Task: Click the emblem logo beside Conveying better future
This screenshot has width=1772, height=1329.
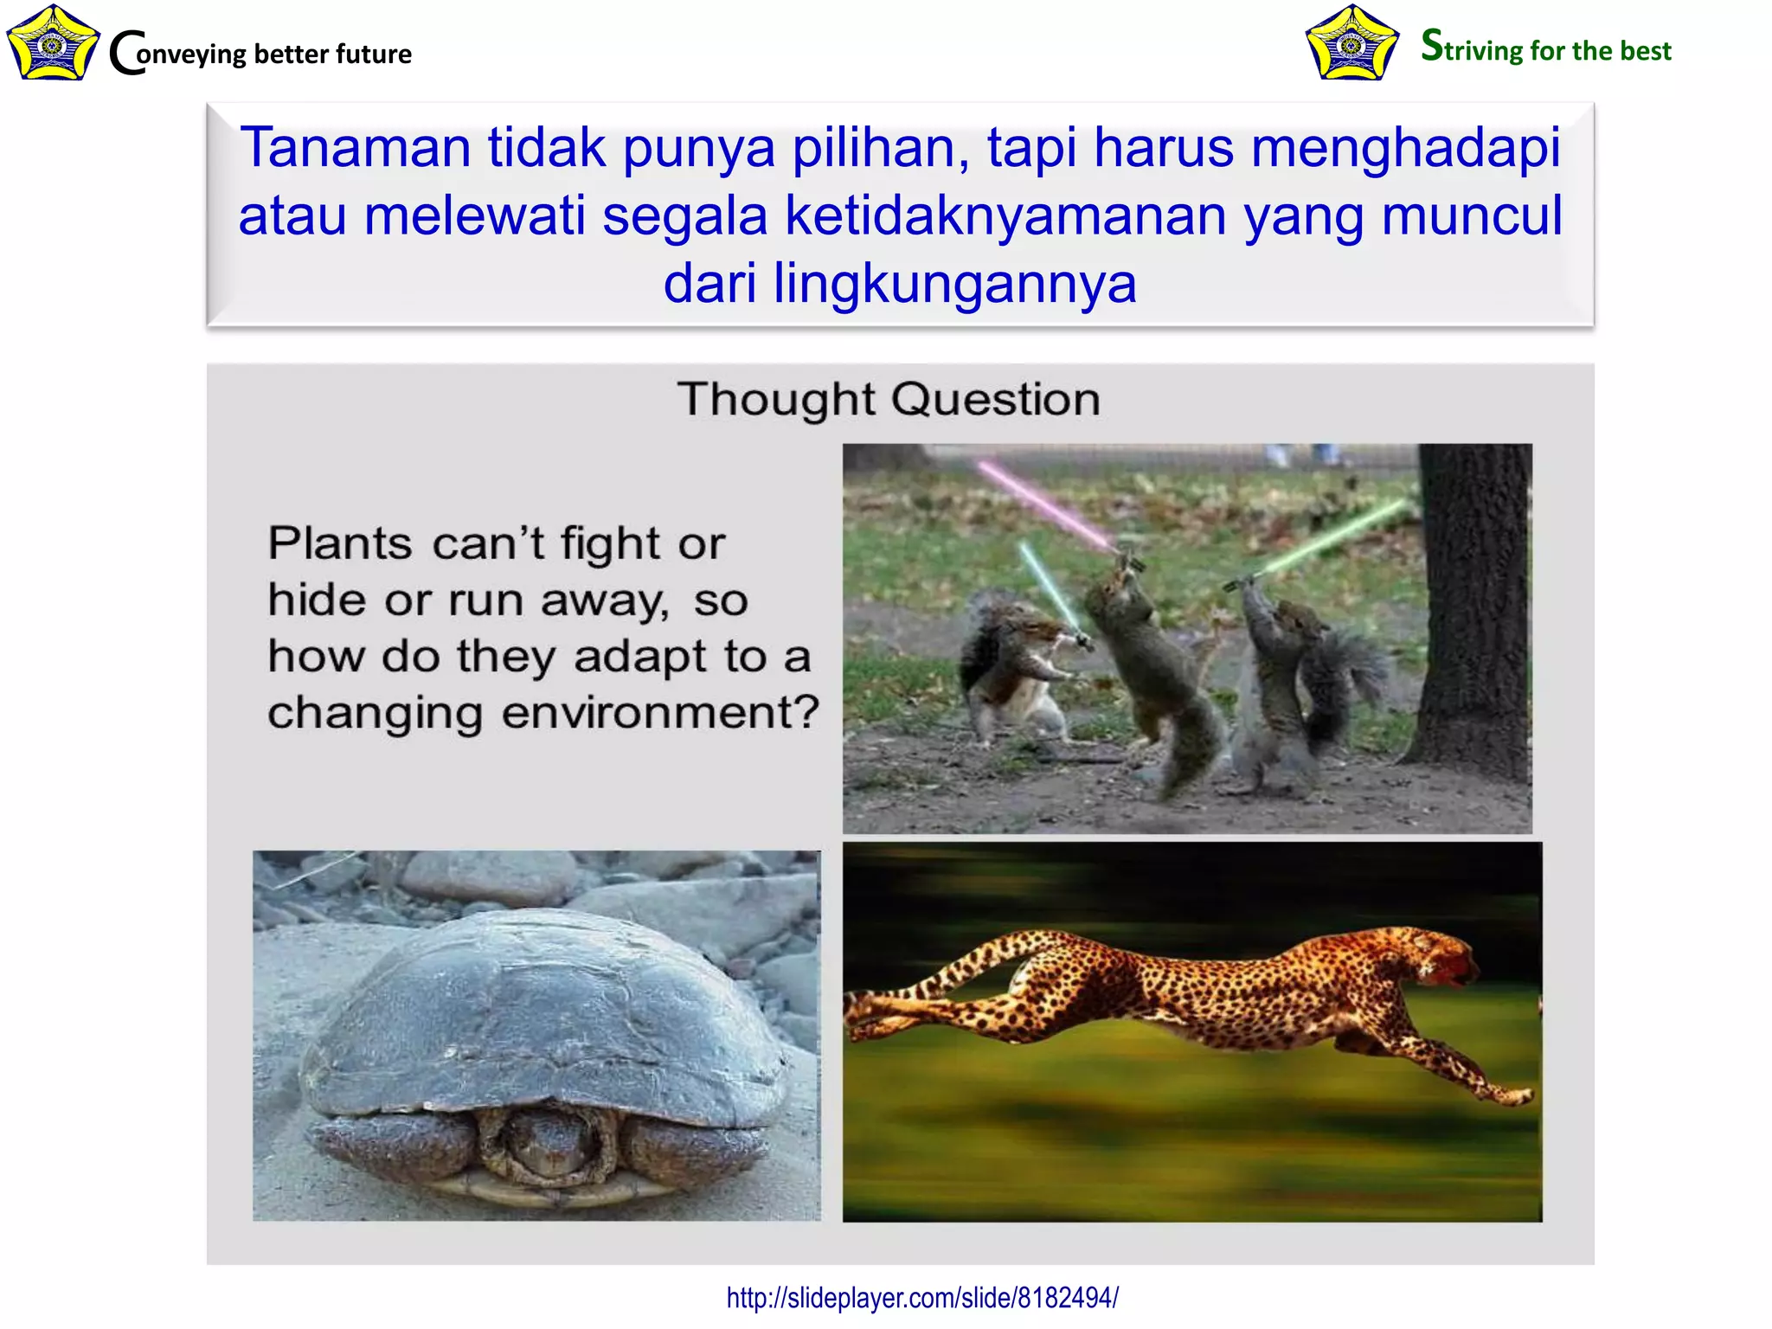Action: point(52,43)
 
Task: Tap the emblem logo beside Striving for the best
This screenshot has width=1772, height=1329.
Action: point(1351,43)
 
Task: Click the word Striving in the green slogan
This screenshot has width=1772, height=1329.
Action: point(1471,48)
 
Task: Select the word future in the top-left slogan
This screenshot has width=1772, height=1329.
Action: point(373,54)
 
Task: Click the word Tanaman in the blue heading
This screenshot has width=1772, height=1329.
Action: point(355,147)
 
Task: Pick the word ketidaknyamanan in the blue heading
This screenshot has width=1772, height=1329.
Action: point(1005,215)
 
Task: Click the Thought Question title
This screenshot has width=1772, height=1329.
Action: point(889,400)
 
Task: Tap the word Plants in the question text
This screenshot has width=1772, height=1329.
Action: point(340,544)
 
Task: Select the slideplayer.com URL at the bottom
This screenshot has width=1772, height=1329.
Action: point(922,1298)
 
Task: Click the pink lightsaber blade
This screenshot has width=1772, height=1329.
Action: point(1043,504)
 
